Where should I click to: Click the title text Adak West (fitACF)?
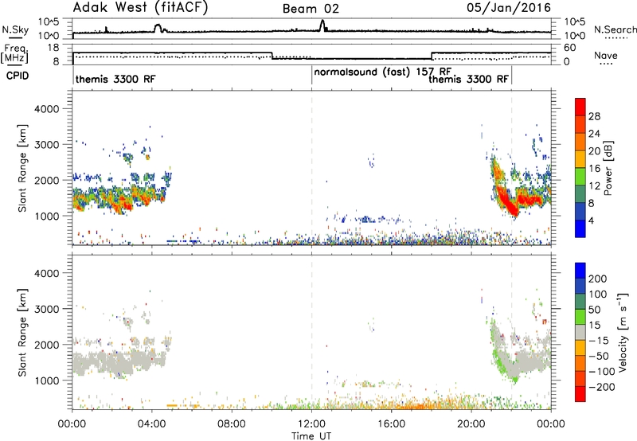click(x=140, y=8)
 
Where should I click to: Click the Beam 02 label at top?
click(x=311, y=9)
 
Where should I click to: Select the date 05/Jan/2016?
click(x=509, y=8)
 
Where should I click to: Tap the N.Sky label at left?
click(x=15, y=29)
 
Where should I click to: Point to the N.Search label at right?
click(x=615, y=29)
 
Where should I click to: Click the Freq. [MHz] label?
click(x=14, y=54)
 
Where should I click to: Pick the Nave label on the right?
click(x=606, y=55)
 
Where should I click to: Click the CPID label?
click(x=18, y=76)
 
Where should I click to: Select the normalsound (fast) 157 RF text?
click(x=382, y=72)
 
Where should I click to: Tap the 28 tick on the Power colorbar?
click(x=594, y=116)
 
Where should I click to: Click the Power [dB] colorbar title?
click(x=608, y=168)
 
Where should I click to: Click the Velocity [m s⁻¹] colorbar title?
click(x=622, y=332)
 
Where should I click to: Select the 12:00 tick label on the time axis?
click(x=311, y=424)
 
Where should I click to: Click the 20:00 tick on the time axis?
click(x=471, y=424)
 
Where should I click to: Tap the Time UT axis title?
click(x=311, y=436)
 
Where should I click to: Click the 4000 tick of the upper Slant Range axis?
click(x=47, y=109)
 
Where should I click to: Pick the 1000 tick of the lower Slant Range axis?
click(x=47, y=381)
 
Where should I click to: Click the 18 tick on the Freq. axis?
click(x=53, y=48)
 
